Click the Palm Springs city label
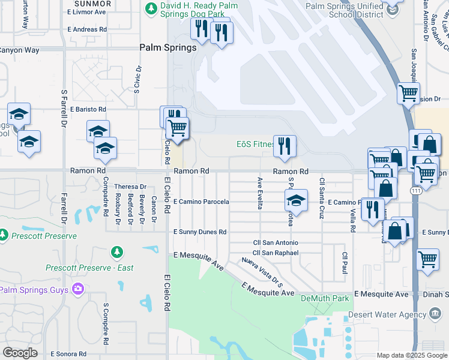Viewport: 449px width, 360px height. (168, 47)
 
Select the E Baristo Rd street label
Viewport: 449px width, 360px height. (88, 110)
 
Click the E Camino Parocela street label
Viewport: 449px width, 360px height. (201, 202)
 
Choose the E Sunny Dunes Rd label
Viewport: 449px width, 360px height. (200, 232)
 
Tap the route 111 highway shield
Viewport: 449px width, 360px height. (415, 190)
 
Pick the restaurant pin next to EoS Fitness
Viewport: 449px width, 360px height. (284, 146)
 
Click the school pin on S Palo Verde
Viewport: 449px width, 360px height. (296, 201)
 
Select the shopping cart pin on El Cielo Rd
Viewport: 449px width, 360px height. (178, 128)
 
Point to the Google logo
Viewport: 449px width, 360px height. (20, 353)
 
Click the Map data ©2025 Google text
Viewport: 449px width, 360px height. (411, 355)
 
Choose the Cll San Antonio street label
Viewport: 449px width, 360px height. (275, 242)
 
